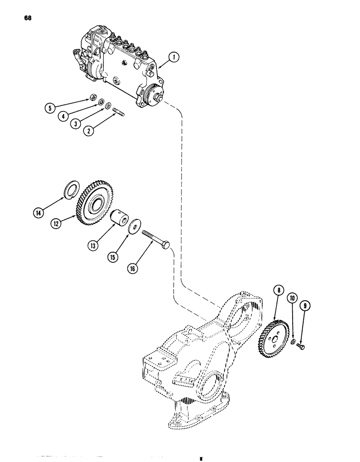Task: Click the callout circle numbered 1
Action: pos(174,57)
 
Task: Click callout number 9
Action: pos(304,305)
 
